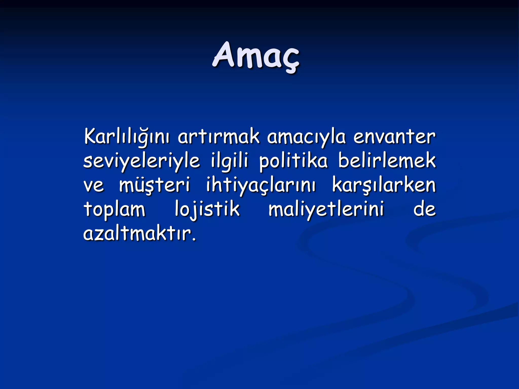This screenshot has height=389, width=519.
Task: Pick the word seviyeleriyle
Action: pos(142,161)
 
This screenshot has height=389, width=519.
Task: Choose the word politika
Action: pos(293,161)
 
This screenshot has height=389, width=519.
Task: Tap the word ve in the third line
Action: pos(94,185)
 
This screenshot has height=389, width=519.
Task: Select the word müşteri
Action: pos(154,185)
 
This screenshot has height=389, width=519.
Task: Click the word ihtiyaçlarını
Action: pos(261,185)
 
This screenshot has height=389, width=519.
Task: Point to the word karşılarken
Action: pos(384,185)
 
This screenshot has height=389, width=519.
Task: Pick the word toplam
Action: pos(114,210)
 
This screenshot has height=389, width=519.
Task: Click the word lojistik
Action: pos(207,210)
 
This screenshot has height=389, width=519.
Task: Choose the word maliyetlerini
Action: pos(326,210)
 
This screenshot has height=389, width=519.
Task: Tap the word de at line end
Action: pos(424,209)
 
